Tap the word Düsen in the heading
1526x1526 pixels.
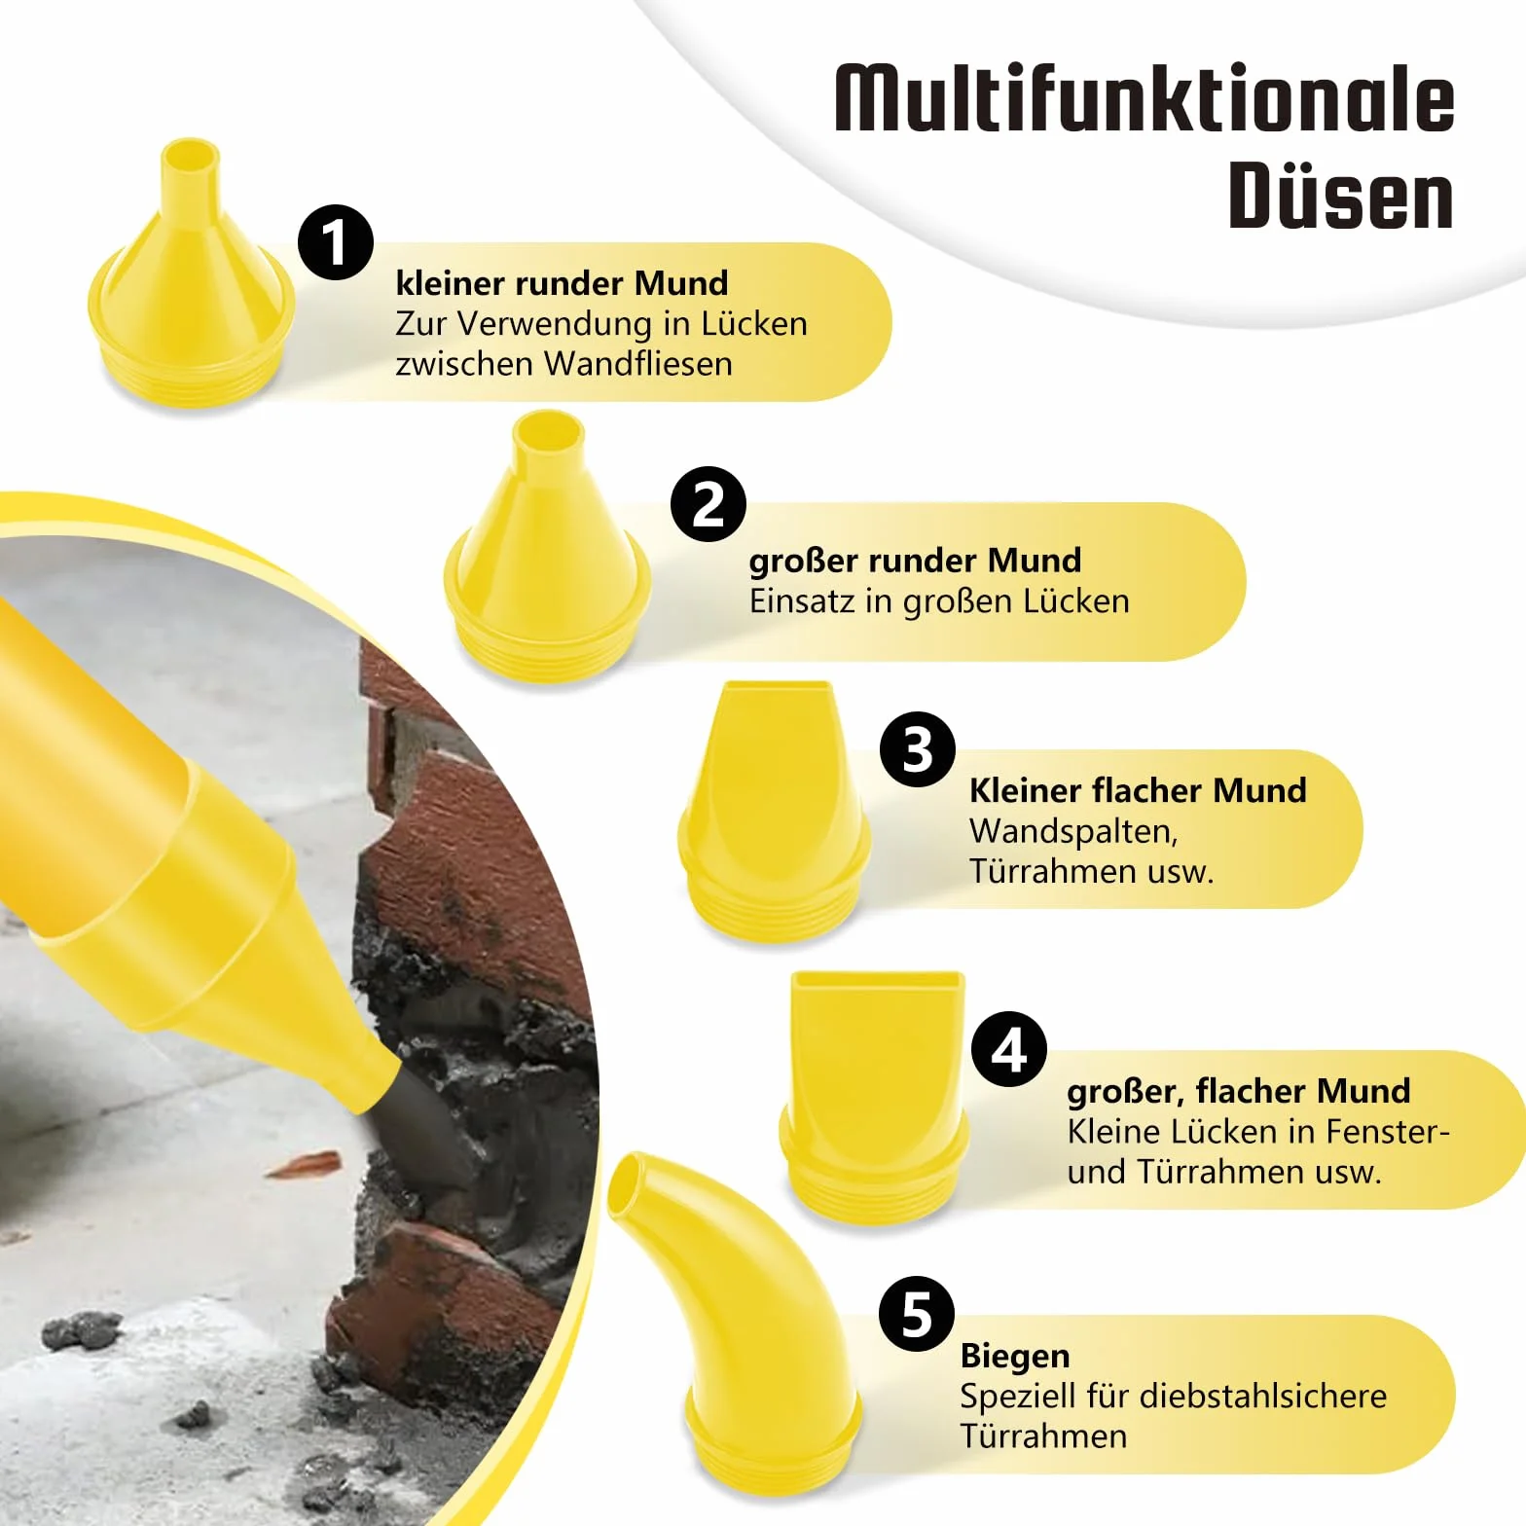click(x=1341, y=196)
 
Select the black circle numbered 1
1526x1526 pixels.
click(x=336, y=242)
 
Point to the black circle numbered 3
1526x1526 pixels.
click(x=917, y=749)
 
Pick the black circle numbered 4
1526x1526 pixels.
click(x=1009, y=1049)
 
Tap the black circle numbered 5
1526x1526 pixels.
click(x=917, y=1315)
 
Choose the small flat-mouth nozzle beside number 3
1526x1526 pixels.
click(x=775, y=811)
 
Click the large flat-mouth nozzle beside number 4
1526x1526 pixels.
click(x=875, y=1094)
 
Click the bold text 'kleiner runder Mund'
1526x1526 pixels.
click(x=562, y=283)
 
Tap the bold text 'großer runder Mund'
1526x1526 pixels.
click(x=915, y=561)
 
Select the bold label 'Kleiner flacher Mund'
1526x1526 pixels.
click(x=1138, y=790)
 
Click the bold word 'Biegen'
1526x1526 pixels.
click(x=1015, y=1357)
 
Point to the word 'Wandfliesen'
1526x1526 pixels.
click(x=638, y=363)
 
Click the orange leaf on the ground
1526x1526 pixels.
click(x=304, y=1164)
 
